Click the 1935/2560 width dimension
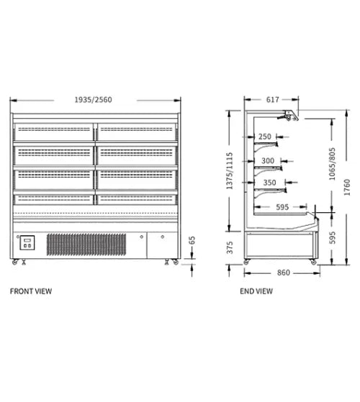click(x=93, y=99)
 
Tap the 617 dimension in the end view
click(x=272, y=99)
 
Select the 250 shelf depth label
click(x=264, y=137)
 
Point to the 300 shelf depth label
click(x=268, y=161)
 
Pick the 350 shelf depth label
click(x=269, y=183)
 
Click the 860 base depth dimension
click(x=283, y=273)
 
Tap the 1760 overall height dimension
click(x=346, y=188)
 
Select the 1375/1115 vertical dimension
click(x=230, y=170)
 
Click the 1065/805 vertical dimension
click(x=332, y=164)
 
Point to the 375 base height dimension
click(x=230, y=247)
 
